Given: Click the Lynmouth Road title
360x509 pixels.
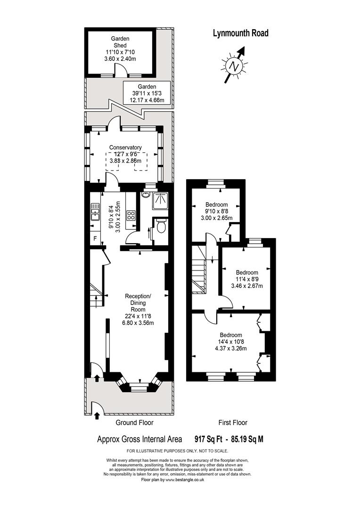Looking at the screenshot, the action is point(240,33).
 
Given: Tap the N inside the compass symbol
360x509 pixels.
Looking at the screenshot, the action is point(234,66).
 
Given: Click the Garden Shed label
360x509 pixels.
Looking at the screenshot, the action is point(120,42).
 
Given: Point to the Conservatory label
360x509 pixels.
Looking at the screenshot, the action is point(125,148).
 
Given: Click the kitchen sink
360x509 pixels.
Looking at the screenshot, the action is point(95,211).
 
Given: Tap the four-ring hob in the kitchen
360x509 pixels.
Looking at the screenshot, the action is point(131,215).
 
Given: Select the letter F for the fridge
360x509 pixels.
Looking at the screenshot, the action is point(95,238).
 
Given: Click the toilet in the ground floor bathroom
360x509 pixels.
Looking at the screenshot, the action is point(161,227).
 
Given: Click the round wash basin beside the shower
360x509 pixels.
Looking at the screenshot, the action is point(146,195).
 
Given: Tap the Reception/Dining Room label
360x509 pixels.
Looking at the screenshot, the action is point(138,303).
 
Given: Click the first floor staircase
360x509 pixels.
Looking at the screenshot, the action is point(199,270).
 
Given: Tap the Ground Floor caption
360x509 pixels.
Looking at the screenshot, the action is point(134,422).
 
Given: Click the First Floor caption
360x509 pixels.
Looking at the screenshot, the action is point(233,422).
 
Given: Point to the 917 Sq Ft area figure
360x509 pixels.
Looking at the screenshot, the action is point(208,439).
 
